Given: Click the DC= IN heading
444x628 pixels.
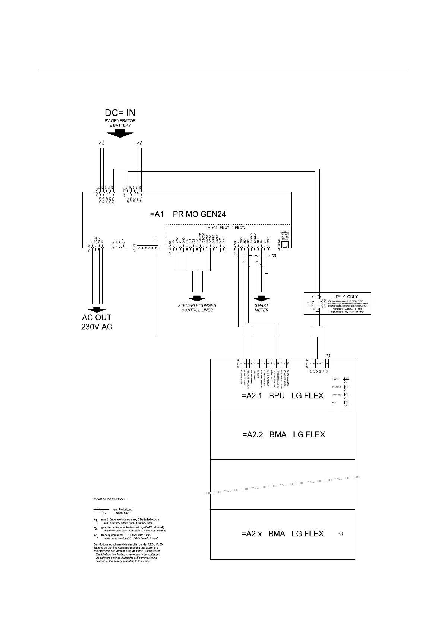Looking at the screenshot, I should pyautogui.click(x=120, y=113).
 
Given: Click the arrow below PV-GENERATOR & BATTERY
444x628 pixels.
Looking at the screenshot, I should pyautogui.click(x=120, y=134).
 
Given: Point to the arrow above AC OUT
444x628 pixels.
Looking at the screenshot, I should pyautogui.click(x=97, y=309).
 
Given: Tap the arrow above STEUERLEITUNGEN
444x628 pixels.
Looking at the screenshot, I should pyautogui.click(x=196, y=299).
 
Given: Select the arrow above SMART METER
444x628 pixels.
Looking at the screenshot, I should pyautogui.click(x=262, y=299).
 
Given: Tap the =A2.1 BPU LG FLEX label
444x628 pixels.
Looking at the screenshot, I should pyautogui.click(x=283, y=395).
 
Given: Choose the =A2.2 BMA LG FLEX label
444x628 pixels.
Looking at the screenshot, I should pyautogui.click(x=283, y=434).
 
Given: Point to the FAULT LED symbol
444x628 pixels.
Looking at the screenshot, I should pyautogui.click(x=346, y=403).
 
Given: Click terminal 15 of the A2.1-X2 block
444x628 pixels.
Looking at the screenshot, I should pyautogui.click(x=288, y=362).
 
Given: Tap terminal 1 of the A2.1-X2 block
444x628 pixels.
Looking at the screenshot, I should pyautogui.click(x=242, y=362).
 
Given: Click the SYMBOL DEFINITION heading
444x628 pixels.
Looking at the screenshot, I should pyautogui.click(x=110, y=499).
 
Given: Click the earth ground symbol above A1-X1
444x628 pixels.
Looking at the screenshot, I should pyautogui.click(x=155, y=237).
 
